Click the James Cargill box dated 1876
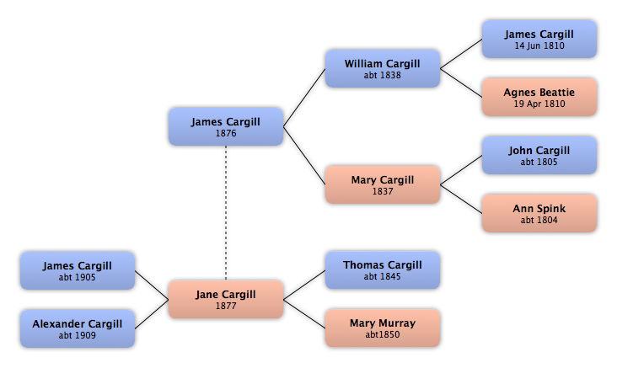[x=226, y=126]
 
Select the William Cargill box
[x=383, y=68]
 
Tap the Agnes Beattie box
[x=539, y=97]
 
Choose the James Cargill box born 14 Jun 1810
[x=539, y=40]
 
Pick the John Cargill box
[x=539, y=155]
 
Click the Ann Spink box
[x=539, y=213]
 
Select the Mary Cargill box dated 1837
[x=383, y=184]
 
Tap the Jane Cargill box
[x=226, y=299]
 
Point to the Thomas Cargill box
[x=383, y=270]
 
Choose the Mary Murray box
[x=383, y=328]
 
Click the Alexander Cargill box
[x=78, y=328]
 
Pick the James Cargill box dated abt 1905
[x=78, y=270]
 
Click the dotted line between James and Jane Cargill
[x=226, y=213]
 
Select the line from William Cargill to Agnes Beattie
[x=461, y=83]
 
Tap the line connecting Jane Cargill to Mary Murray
[x=304, y=314]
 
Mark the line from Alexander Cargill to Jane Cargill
[x=152, y=314]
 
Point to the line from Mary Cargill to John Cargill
[x=461, y=170]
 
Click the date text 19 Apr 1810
[x=539, y=104]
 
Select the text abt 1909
[x=78, y=335]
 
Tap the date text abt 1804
[x=539, y=220]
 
